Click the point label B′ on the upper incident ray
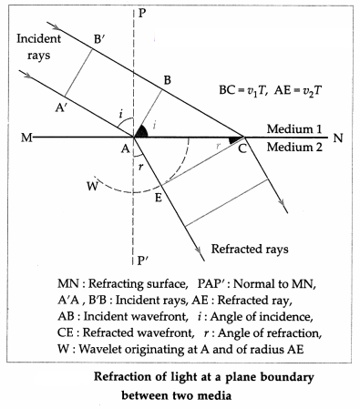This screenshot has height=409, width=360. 99,39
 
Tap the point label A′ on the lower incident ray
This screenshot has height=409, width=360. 61,107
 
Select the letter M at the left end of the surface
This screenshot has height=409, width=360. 26,138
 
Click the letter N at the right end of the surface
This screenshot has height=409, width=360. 338,138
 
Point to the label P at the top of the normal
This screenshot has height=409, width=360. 141,13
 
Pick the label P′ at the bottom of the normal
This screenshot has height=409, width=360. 143,260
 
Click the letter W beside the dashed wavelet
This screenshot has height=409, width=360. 92,186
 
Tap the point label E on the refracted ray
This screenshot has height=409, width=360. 159,198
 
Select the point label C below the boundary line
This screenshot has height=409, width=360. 242,148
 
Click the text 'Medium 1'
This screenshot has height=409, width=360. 294,128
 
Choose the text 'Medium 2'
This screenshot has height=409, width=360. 294,147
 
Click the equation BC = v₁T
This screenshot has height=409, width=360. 243,90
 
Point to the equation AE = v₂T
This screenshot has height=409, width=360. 298,90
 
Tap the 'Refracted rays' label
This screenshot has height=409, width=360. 250,249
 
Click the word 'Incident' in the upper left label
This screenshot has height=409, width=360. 38,38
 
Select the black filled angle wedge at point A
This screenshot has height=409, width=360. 140,131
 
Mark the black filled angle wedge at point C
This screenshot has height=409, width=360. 235,140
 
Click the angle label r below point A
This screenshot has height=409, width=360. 140,167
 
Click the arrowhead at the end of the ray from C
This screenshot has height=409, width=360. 283,208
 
